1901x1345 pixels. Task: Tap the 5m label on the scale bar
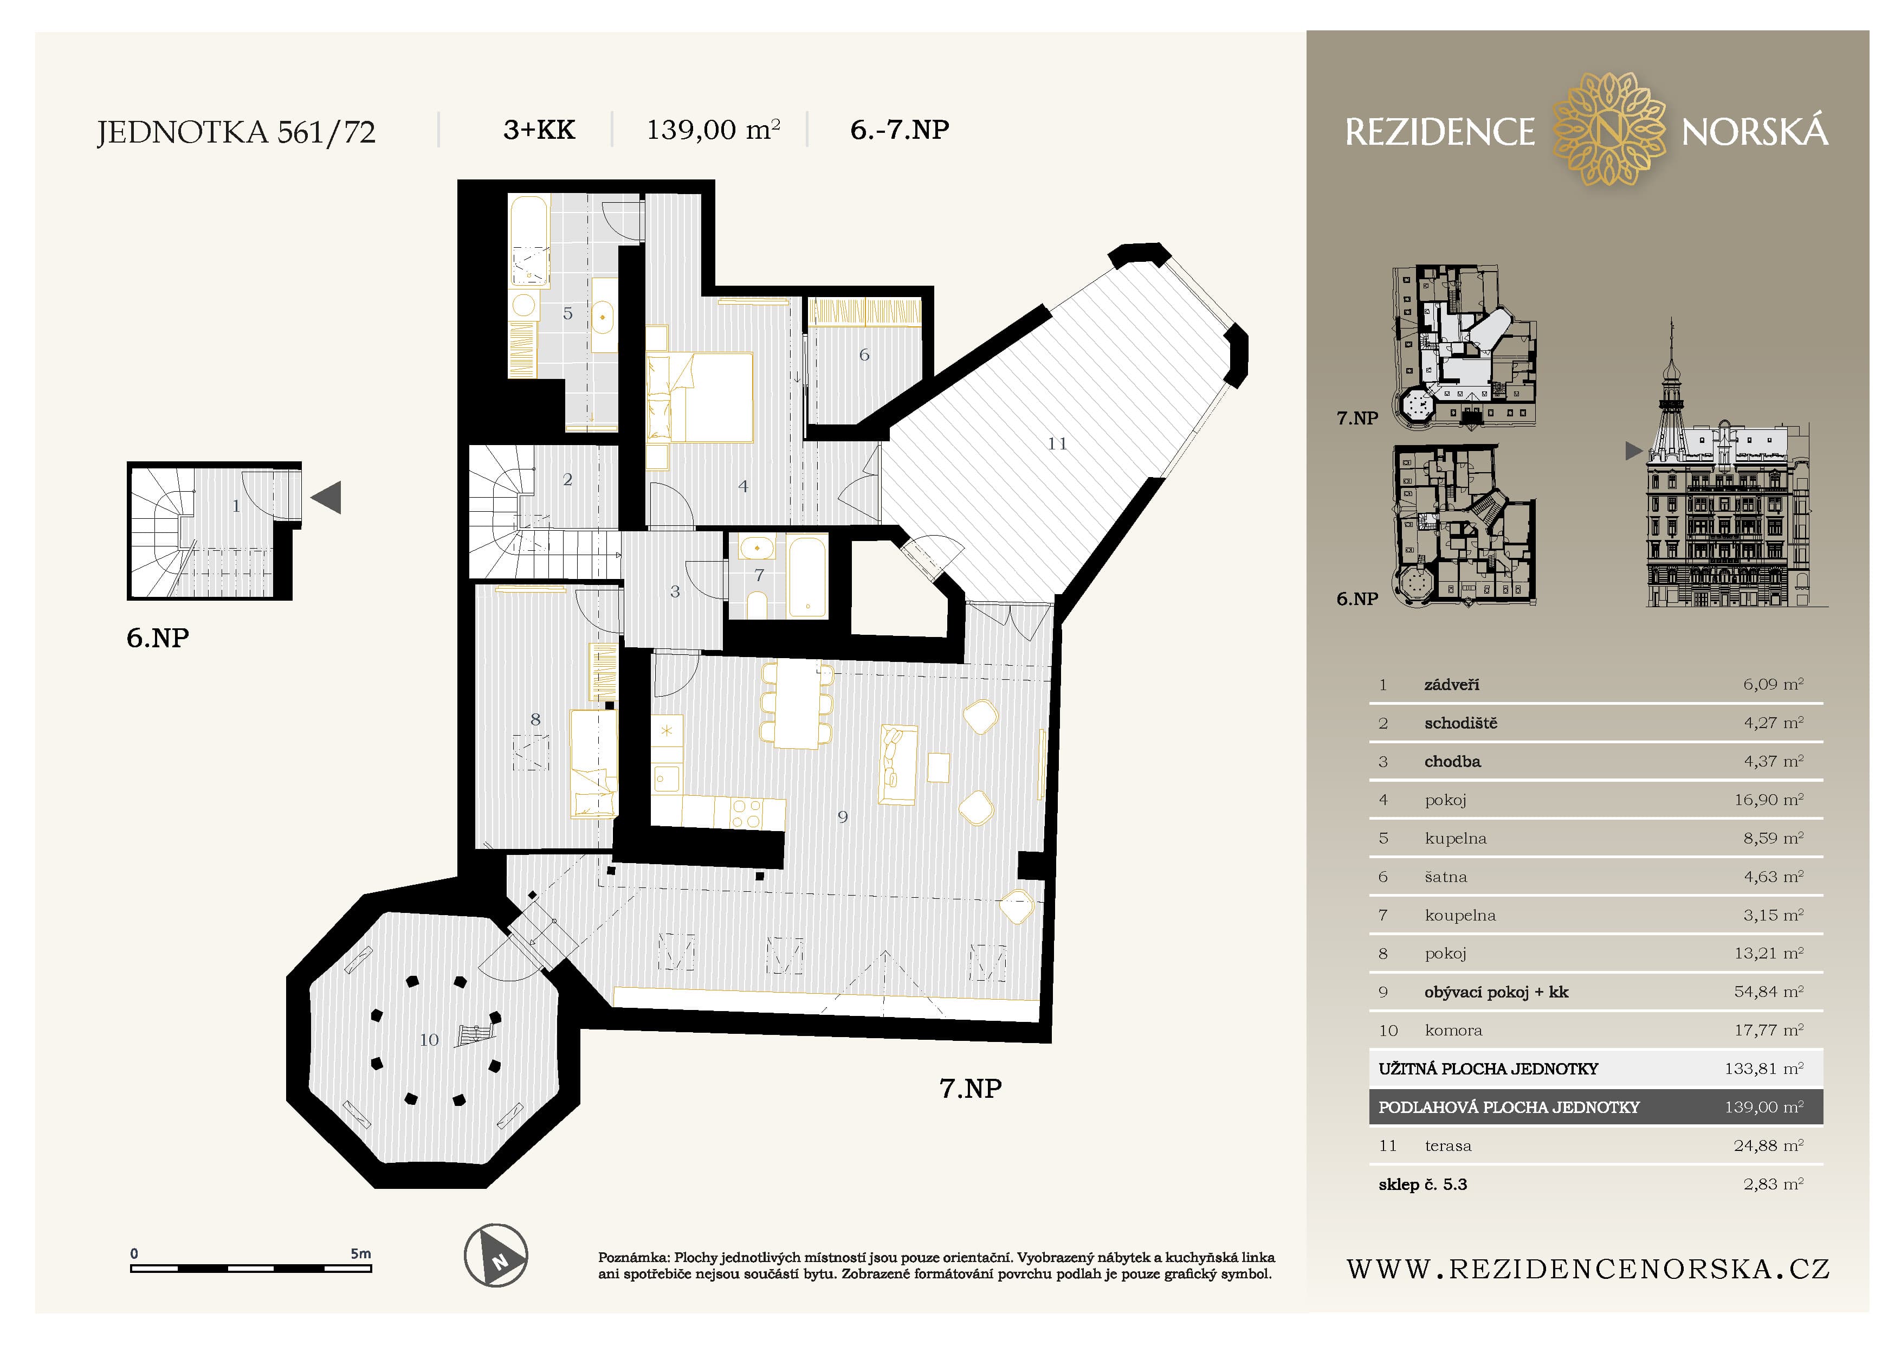click(x=360, y=1253)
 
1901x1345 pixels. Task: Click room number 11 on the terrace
click(x=1057, y=444)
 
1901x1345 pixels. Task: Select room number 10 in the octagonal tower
click(x=429, y=1040)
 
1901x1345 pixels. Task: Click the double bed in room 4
click(x=700, y=397)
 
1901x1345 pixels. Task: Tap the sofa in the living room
click(x=897, y=764)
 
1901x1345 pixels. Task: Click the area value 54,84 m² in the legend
click(x=1769, y=992)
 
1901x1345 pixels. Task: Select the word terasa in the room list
click(x=1448, y=1146)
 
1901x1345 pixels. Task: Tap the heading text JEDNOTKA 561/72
click(x=236, y=132)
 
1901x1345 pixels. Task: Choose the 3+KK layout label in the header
click(x=539, y=130)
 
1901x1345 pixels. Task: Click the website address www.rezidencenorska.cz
click(x=1588, y=1269)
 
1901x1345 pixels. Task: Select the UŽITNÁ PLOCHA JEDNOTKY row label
click(x=1488, y=1069)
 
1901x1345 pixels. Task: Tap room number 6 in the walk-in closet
click(x=864, y=355)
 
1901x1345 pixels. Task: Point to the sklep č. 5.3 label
click(x=1422, y=1185)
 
